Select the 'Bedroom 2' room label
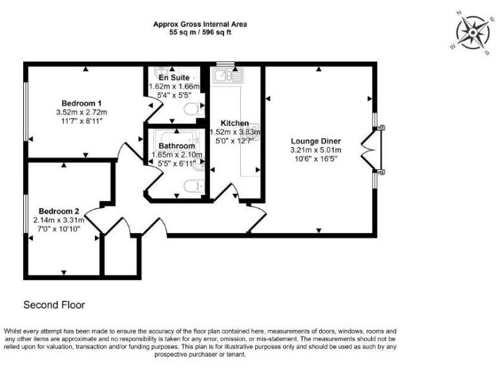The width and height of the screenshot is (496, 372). pos(59,211)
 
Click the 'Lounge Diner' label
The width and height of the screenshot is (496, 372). pos(316,141)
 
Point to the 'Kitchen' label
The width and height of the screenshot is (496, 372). pos(234,123)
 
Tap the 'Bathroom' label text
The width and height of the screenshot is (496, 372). pos(176,146)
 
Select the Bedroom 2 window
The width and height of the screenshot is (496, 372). pos(26,218)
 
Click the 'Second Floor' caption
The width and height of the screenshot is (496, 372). pos(54,304)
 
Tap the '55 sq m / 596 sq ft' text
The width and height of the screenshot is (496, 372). pos(200,32)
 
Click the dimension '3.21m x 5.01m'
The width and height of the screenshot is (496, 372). pos(316,150)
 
